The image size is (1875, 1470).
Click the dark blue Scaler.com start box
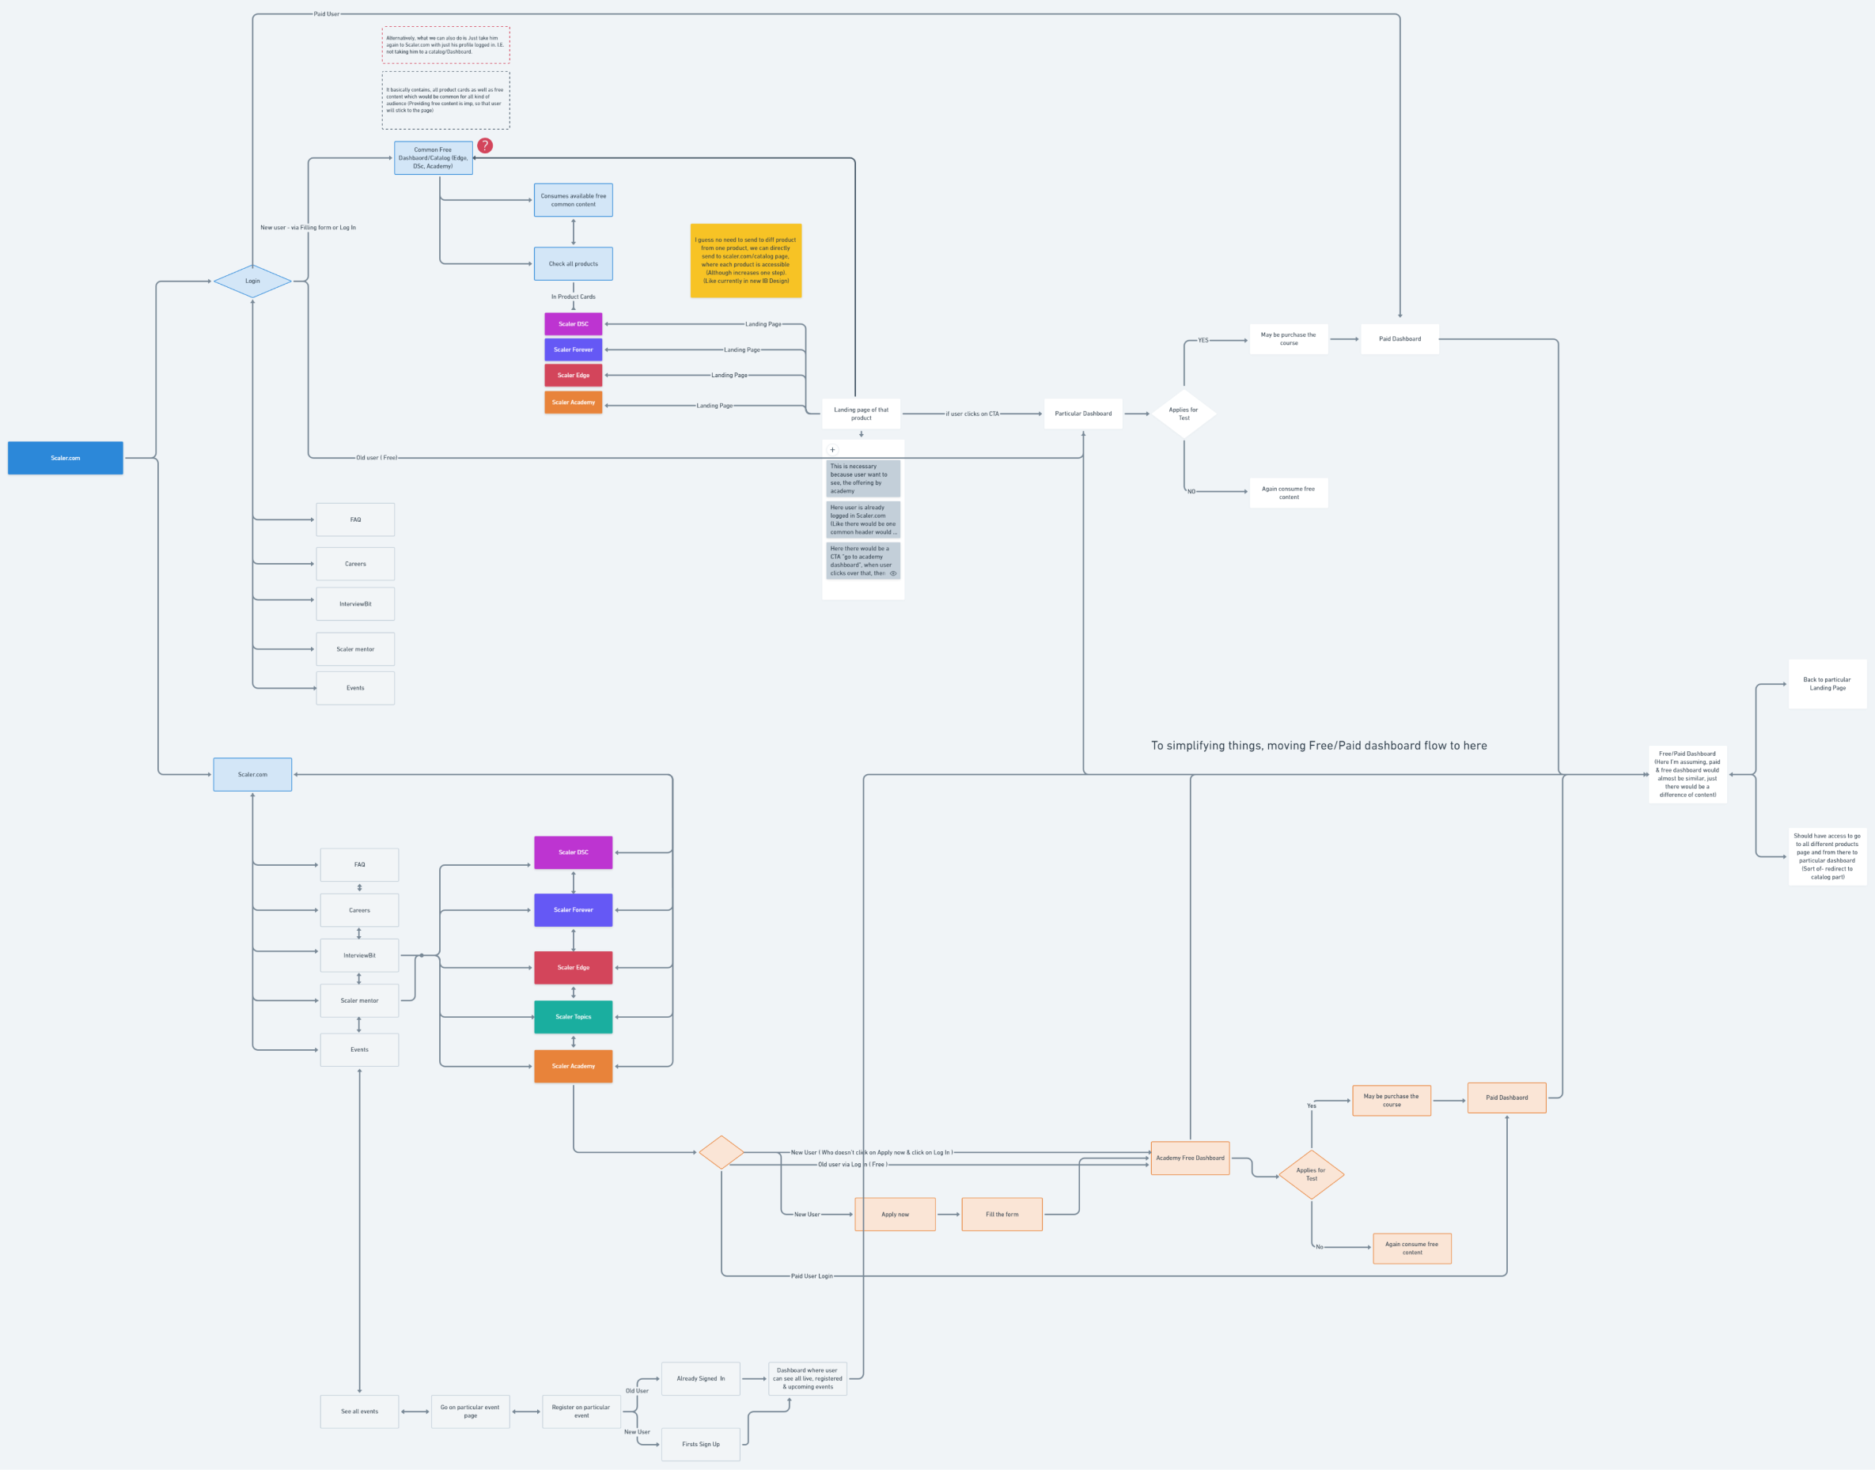click(x=66, y=458)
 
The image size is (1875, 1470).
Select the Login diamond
click(x=252, y=282)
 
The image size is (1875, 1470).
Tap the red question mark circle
click(x=485, y=145)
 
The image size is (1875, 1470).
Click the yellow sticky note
click(x=745, y=261)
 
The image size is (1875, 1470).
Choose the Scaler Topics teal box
click(x=573, y=1016)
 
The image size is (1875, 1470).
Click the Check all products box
click(x=573, y=264)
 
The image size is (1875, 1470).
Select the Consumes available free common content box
click(x=573, y=200)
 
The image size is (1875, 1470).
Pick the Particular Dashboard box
click(x=1083, y=414)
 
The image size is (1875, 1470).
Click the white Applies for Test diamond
click(x=1184, y=414)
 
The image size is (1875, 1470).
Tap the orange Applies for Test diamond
click(x=1311, y=1174)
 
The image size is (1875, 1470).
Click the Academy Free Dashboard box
click(x=1190, y=1158)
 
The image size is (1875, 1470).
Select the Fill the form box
click(x=1002, y=1215)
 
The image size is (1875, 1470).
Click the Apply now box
click(x=895, y=1215)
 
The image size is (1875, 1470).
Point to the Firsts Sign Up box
click(x=701, y=1444)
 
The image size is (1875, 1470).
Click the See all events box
click(x=359, y=1411)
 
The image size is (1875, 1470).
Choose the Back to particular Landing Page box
click(x=1827, y=684)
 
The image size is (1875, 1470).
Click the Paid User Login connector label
click(x=812, y=1276)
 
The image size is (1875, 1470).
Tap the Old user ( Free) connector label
click(x=377, y=458)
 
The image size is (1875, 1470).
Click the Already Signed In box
click(x=701, y=1379)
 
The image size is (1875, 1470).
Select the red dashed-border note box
click(x=446, y=45)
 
